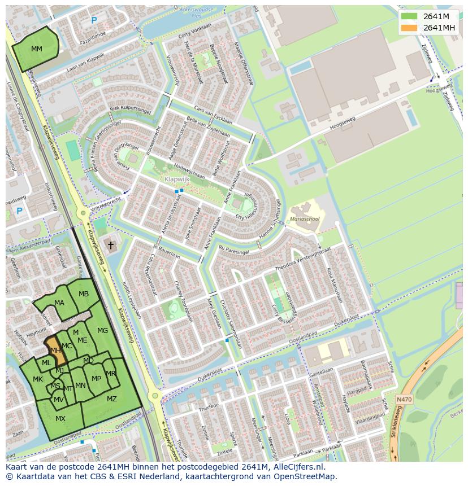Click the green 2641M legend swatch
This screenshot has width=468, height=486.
409,16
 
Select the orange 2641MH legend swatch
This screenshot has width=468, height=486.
409,28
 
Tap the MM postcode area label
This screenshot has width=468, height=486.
37,49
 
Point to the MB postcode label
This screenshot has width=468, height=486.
84,294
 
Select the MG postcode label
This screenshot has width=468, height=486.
102,331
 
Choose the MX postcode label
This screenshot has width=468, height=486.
60,418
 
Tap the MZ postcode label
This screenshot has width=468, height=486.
112,399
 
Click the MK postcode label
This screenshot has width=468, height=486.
38,379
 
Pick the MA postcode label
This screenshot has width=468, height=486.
59,303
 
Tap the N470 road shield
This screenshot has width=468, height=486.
404,399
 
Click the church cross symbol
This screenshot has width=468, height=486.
111,246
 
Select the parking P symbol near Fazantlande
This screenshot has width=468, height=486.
94,20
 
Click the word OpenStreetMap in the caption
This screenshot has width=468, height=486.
306,476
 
